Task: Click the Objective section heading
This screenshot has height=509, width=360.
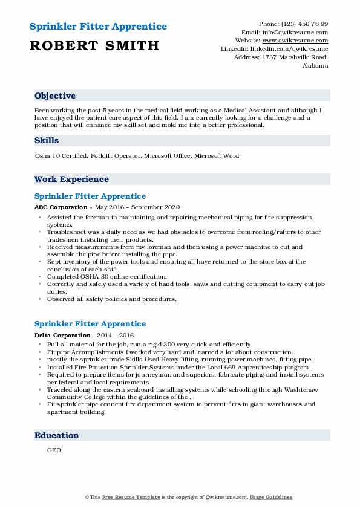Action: pyautogui.click(x=55, y=96)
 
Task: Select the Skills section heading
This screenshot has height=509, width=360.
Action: pyautogui.click(x=47, y=140)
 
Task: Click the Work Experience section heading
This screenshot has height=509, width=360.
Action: pyautogui.click(x=71, y=179)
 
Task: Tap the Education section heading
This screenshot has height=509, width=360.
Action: pyautogui.click(x=56, y=435)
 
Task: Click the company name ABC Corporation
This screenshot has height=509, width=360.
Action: pyautogui.click(x=61, y=206)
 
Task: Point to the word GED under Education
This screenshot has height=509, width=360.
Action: pyautogui.click(x=54, y=450)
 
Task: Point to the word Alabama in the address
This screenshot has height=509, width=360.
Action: pyautogui.click(x=315, y=65)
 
